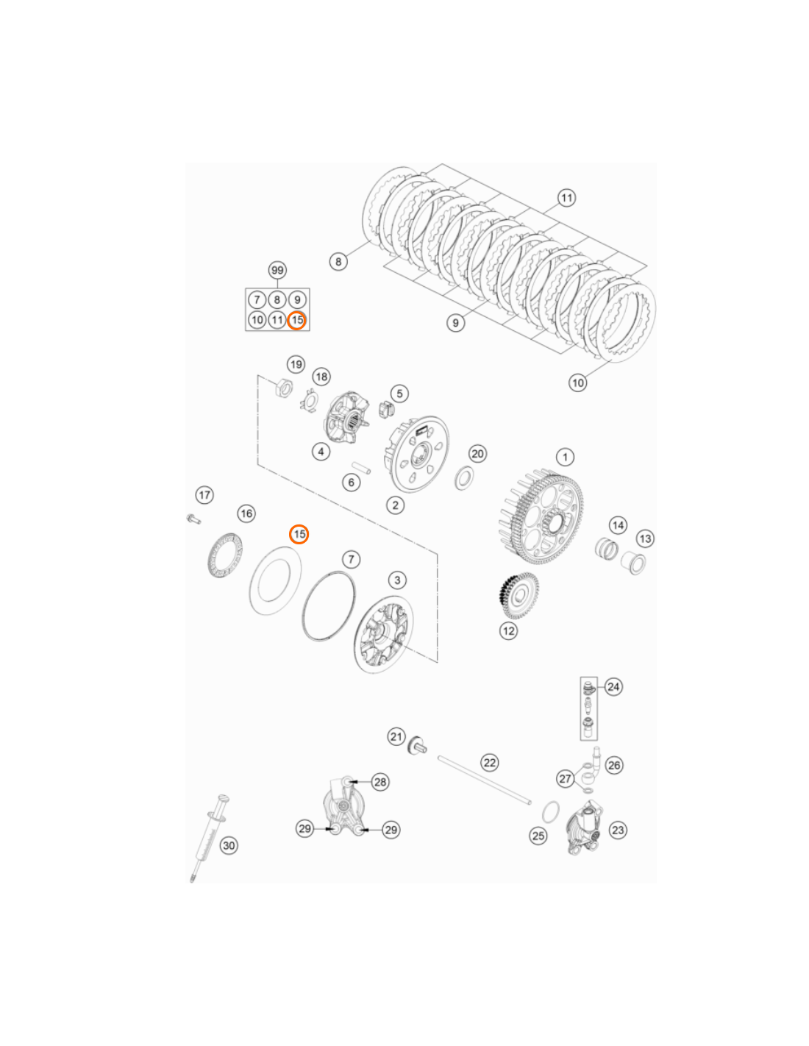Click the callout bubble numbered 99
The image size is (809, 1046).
point(277,270)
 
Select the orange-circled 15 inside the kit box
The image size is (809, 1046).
point(297,320)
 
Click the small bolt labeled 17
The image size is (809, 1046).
point(193,519)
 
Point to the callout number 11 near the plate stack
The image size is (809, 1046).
point(566,198)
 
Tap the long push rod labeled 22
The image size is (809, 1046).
point(484,780)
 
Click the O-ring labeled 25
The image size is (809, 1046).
point(551,813)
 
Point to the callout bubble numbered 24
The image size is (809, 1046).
point(613,687)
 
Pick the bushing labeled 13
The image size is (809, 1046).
point(632,562)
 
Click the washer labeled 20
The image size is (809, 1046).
point(464,477)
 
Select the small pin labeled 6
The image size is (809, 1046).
point(361,469)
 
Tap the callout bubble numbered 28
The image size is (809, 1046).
point(380,782)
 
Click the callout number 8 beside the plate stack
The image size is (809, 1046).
point(338,261)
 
